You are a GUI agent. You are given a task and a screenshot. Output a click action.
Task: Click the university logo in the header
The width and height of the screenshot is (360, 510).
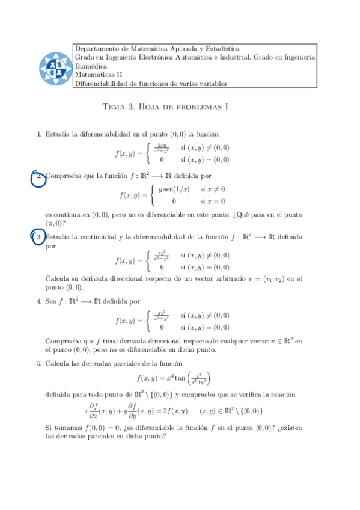pos(55,66)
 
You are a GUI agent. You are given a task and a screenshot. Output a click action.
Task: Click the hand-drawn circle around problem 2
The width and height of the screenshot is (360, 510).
pos(38,178)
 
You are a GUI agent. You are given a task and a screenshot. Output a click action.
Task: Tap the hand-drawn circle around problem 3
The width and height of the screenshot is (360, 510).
pos(38,238)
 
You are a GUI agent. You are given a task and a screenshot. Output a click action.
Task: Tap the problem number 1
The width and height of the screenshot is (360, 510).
pos(39,134)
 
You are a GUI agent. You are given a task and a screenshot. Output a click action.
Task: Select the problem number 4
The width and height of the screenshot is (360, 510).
pos(39,301)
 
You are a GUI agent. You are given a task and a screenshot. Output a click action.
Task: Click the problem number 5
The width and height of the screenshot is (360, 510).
pos(39,363)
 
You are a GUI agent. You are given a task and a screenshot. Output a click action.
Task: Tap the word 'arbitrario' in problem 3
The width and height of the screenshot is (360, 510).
pos(220,278)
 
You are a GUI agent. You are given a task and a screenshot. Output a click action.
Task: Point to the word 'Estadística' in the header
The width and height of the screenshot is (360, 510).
pos(222,49)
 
